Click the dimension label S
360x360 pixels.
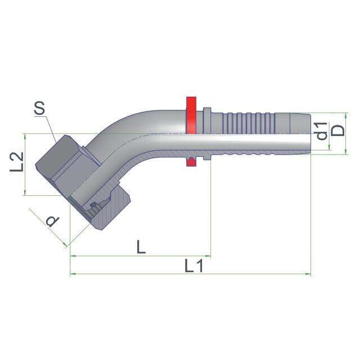(x=39, y=109)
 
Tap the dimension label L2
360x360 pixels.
(x=17, y=162)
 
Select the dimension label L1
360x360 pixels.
(x=194, y=266)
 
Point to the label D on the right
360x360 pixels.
(x=339, y=130)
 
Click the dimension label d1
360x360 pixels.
(x=321, y=131)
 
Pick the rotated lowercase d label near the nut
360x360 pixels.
(x=52, y=221)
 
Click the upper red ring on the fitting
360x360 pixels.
(x=191, y=115)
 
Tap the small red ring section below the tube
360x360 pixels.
(x=191, y=162)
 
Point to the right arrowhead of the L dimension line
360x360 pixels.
(x=208, y=255)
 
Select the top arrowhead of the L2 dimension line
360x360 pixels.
(x=25, y=136)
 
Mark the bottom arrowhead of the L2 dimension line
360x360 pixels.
(x=25, y=192)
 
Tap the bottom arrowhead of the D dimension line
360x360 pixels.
(x=346, y=151)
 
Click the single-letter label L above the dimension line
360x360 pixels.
(x=141, y=246)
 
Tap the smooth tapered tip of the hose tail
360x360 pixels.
(x=300, y=123)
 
